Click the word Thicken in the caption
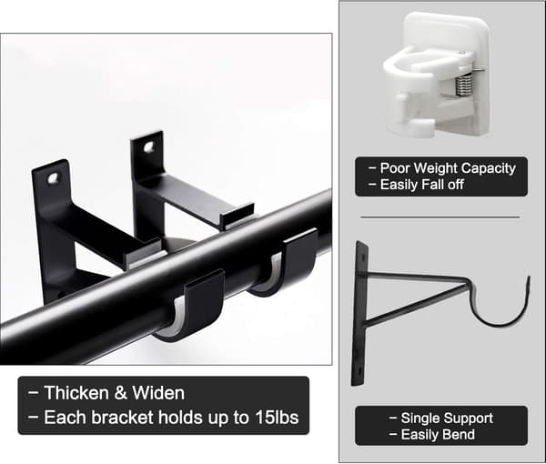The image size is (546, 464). (x=76, y=393)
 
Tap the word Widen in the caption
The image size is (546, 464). (x=158, y=393)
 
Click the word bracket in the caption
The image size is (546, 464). (x=122, y=418)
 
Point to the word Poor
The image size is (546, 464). (x=395, y=168)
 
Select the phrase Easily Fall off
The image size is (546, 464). (x=421, y=185)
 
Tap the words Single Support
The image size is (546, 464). (x=447, y=418)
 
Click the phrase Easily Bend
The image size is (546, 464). (x=438, y=434)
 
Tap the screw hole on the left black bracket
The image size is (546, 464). (x=54, y=178)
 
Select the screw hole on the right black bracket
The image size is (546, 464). (x=150, y=146)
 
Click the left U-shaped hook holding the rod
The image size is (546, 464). (x=195, y=307)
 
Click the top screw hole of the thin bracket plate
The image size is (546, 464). (x=363, y=258)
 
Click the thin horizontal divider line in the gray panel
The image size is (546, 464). (x=440, y=217)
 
